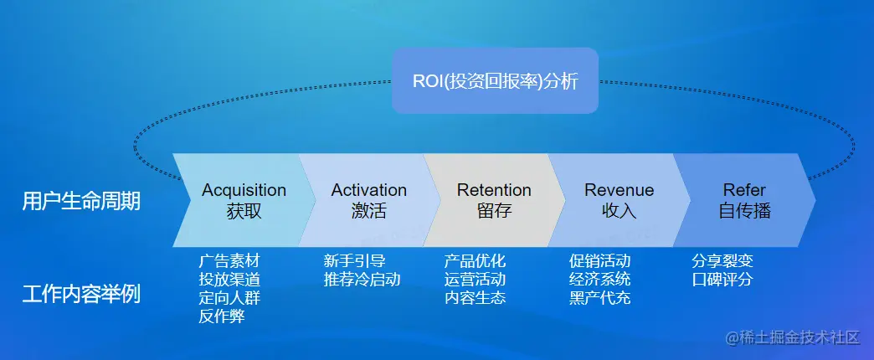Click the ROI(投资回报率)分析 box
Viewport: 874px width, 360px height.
click(x=495, y=81)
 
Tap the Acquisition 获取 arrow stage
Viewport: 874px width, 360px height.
click(x=244, y=200)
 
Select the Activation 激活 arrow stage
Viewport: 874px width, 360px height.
click(x=369, y=200)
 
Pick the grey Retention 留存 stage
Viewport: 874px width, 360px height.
click(x=494, y=200)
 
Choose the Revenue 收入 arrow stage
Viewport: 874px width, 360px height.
click(x=619, y=200)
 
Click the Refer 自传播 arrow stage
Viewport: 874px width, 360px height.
click(x=744, y=200)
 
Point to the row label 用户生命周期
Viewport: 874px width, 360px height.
click(x=81, y=201)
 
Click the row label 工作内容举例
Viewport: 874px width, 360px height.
click(x=81, y=295)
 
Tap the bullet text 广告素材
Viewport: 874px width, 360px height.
click(x=229, y=260)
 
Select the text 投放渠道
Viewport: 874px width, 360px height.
click(x=229, y=279)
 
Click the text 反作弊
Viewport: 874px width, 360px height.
click(x=222, y=316)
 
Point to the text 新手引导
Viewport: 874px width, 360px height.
click(x=354, y=260)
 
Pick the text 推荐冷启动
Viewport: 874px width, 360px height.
click(x=362, y=279)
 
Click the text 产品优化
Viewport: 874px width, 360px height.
click(x=475, y=260)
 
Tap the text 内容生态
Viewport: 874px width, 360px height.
click(x=475, y=297)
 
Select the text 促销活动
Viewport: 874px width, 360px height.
click(x=599, y=260)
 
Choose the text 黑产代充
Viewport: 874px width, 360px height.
click(x=599, y=297)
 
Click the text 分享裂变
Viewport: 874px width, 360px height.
click(x=722, y=260)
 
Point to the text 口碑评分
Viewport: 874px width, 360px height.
click(x=722, y=279)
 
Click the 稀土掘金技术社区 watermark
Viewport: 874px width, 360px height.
click(x=792, y=337)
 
